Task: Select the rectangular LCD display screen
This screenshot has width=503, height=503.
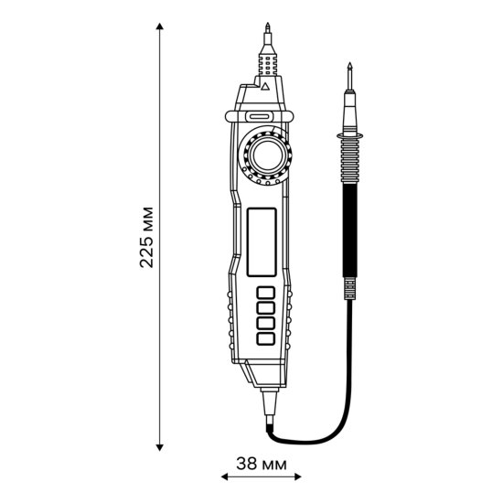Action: coord(262,241)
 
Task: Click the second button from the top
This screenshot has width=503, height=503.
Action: coord(266,308)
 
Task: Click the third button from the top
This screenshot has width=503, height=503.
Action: coord(266,323)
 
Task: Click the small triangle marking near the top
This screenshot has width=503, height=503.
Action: coord(264,89)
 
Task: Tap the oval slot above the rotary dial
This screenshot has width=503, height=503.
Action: coord(258,117)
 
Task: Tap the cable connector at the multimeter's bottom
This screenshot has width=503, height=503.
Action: coord(269,403)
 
